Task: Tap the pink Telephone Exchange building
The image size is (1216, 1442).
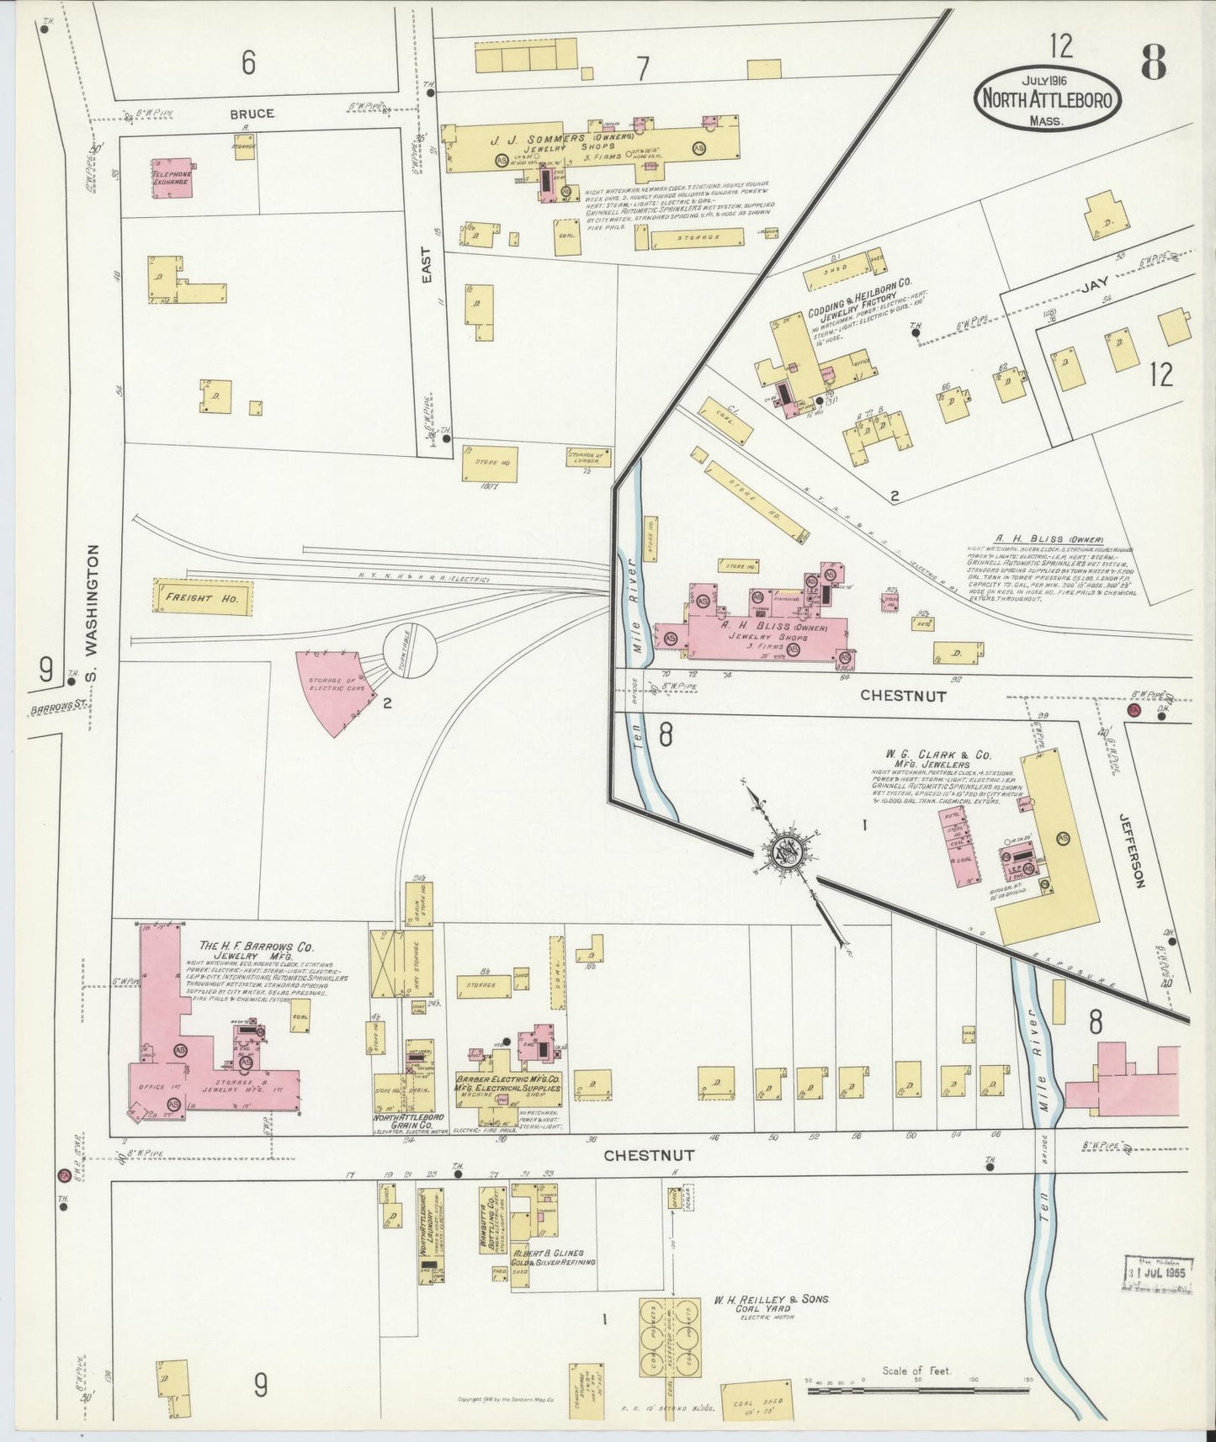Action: click(172, 177)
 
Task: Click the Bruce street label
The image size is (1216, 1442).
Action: click(252, 113)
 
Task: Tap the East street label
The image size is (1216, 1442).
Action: click(427, 263)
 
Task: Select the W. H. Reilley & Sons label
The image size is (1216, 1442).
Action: click(772, 1300)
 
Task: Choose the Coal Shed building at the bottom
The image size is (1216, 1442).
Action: click(757, 1402)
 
